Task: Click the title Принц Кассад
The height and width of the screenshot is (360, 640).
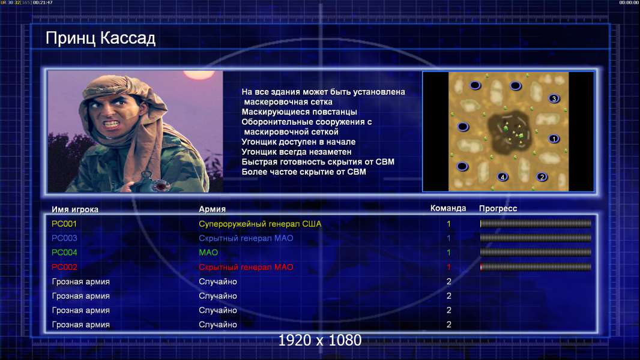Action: coord(100,38)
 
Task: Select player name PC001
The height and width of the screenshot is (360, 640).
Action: coord(64,224)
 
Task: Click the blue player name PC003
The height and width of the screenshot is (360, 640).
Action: coord(64,238)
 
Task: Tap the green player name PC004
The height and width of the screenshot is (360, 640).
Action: coord(64,253)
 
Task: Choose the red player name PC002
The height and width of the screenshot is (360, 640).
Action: coord(64,267)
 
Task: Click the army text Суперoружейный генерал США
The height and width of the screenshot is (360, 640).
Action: coord(260,224)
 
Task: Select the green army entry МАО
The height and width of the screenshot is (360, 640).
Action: coord(208,253)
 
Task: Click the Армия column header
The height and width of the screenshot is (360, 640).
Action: coord(213,209)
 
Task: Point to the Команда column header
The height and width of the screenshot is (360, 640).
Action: coord(448,208)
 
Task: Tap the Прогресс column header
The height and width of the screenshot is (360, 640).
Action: coord(498,209)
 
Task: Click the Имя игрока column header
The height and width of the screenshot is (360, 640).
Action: coord(74,209)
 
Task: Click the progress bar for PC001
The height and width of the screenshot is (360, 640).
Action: coord(536,223)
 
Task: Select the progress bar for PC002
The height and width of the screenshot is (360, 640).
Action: coord(536,267)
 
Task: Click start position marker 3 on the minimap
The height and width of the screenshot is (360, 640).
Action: coord(554,98)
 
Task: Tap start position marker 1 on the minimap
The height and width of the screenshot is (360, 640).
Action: coord(554,139)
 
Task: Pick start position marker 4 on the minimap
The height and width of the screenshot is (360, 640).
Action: coord(503,176)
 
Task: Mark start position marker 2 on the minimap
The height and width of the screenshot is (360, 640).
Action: coord(542,176)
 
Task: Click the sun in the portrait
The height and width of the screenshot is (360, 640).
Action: coord(195,74)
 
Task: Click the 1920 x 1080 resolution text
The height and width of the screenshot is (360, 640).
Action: coord(320,340)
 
